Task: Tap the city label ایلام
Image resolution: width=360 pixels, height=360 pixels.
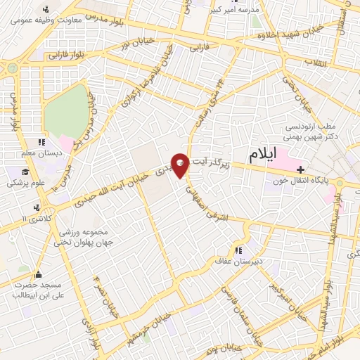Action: (x=261, y=153)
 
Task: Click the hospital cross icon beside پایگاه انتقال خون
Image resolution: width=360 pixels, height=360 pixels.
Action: (x=301, y=169)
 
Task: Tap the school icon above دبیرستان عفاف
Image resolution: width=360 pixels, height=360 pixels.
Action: (x=239, y=250)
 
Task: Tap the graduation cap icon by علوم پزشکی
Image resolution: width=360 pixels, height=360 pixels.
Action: (x=25, y=172)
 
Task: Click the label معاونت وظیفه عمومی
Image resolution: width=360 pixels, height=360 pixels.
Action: (x=48, y=20)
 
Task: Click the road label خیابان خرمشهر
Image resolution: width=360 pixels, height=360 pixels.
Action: (x=143, y=324)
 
